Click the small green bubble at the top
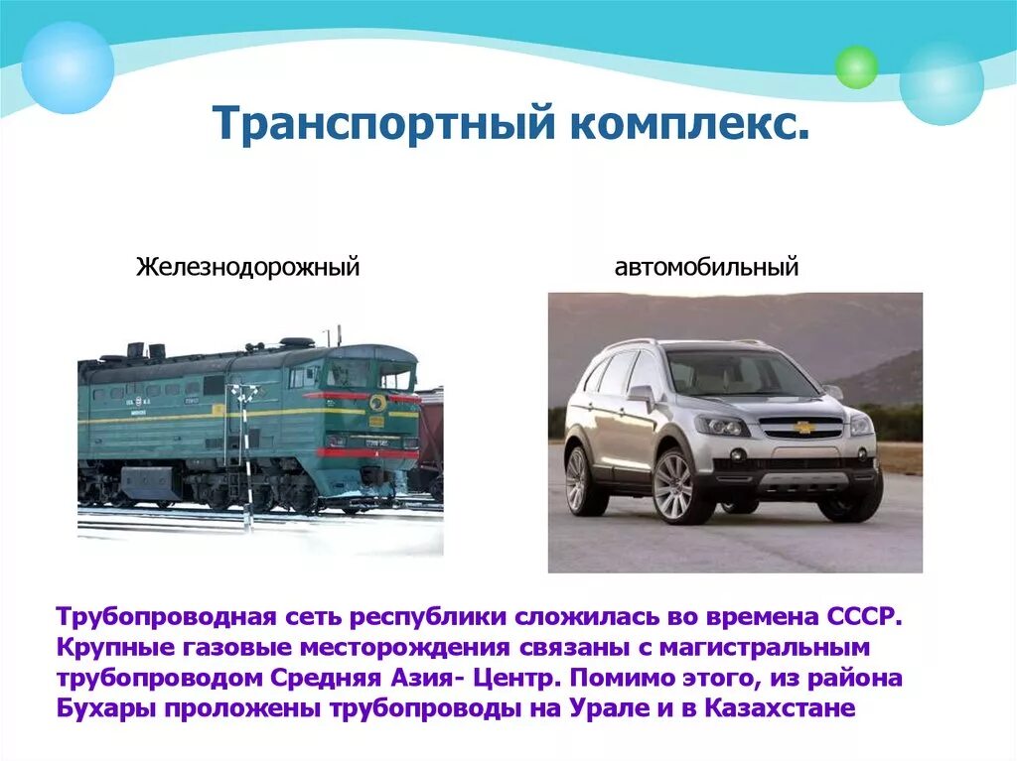coord(856,66)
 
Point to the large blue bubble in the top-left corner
coord(68,67)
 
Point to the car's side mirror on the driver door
coord(641,394)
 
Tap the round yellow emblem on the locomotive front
coord(377,403)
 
